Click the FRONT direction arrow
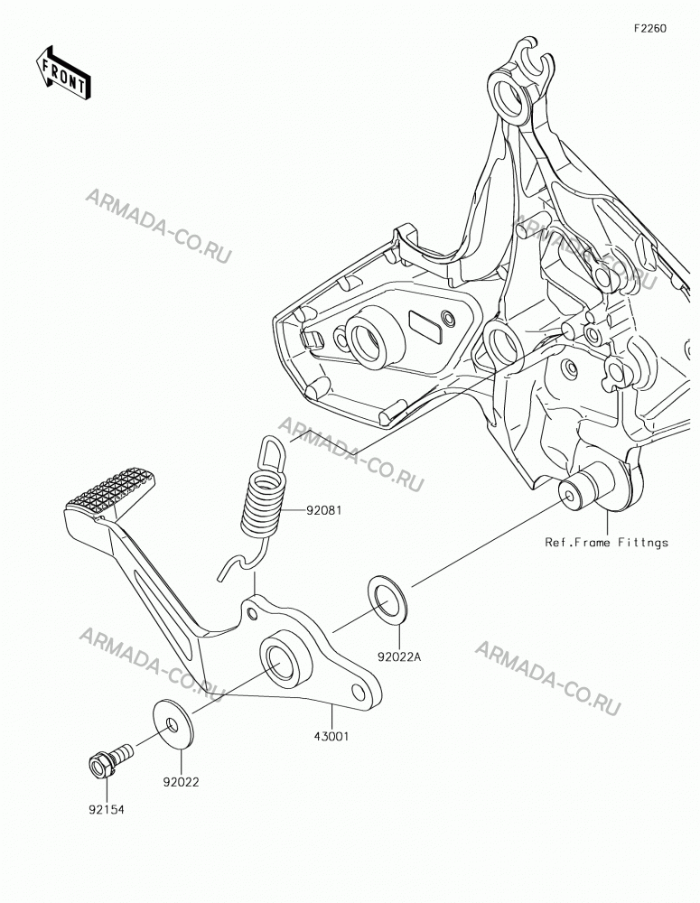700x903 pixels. [63, 72]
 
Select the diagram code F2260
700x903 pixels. [650, 28]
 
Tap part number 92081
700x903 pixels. [323, 509]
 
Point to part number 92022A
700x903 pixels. [399, 656]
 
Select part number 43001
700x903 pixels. [331, 735]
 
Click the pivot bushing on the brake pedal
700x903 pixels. [286, 658]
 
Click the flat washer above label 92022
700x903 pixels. [173, 724]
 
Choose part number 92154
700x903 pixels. [106, 809]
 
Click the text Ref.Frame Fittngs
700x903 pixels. [607, 542]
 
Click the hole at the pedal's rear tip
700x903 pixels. [359, 691]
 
